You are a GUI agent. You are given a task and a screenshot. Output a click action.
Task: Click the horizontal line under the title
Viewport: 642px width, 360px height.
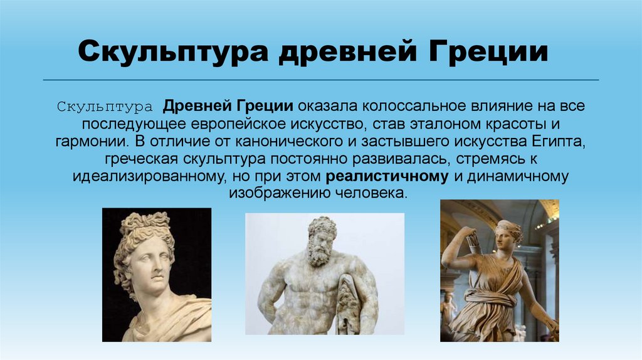click(320, 80)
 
